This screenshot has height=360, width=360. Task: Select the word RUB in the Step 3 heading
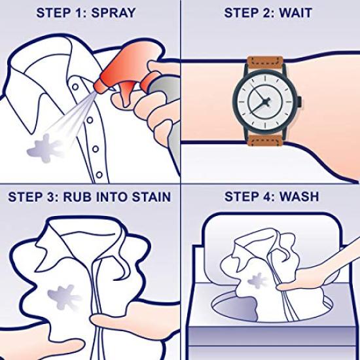click(94, 196)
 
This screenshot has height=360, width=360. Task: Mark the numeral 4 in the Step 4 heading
click(267, 196)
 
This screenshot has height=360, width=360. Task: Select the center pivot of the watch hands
click(267, 100)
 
